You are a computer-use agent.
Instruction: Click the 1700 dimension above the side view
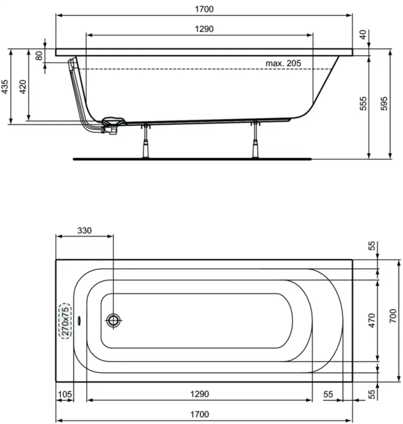(x=204, y=9)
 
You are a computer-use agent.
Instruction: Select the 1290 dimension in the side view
(x=204, y=29)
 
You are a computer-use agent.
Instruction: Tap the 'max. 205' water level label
(x=283, y=63)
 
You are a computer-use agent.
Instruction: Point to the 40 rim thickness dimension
(x=363, y=34)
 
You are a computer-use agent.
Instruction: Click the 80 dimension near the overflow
(x=39, y=56)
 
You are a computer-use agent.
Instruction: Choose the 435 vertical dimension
(x=5, y=87)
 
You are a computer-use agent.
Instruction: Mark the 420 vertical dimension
(x=23, y=87)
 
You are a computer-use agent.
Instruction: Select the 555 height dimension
(x=363, y=103)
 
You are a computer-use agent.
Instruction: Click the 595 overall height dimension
(x=384, y=103)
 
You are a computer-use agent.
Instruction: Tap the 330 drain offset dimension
(x=85, y=230)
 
